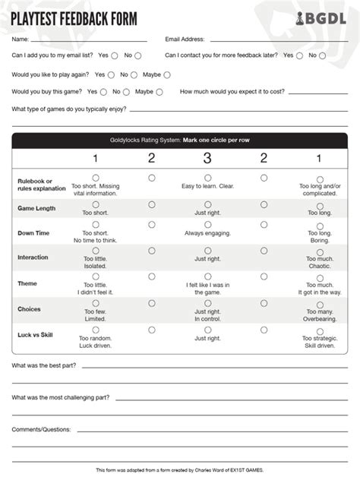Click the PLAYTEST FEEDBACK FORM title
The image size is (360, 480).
coord(73,17)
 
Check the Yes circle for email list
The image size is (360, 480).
coord(115,55)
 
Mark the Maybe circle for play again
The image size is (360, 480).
coord(167,74)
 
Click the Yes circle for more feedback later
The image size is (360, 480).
coord(299,55)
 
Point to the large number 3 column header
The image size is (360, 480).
coord(207,158)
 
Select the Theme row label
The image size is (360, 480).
coord(27,283)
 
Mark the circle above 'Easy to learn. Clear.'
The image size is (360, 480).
coord(207,178)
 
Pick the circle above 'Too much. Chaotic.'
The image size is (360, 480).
coord(319,250)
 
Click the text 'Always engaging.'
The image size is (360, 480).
coord(207,232)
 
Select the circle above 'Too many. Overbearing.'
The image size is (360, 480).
coord(319,303)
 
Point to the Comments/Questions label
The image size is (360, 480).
coord(41,429)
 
